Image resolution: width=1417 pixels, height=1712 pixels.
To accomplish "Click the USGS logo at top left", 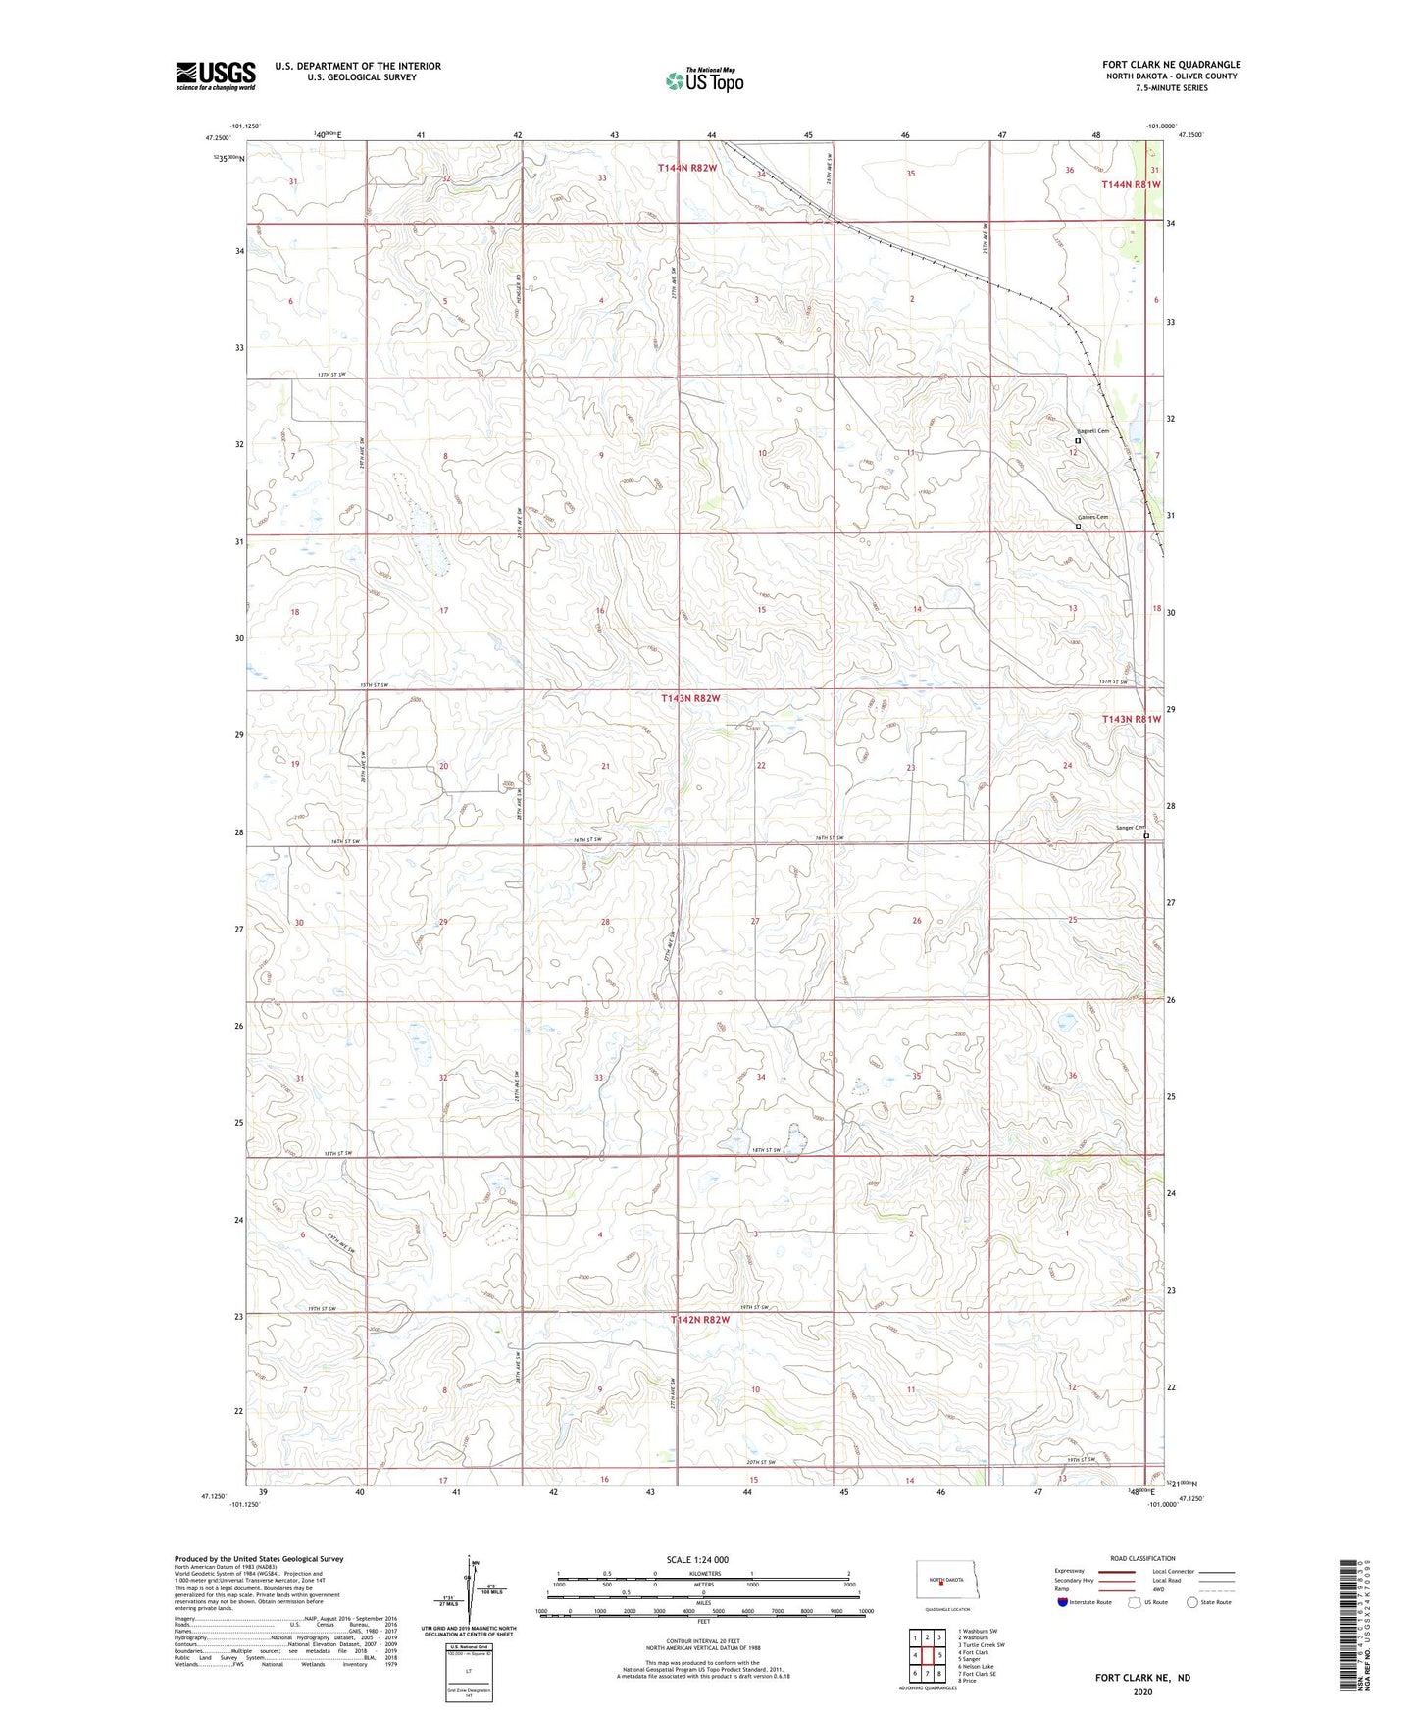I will (216, 76).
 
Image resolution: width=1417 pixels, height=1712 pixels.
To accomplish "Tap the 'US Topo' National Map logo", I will (704, 80).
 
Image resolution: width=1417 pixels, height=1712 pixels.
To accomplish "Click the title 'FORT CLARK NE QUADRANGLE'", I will (1171, 65).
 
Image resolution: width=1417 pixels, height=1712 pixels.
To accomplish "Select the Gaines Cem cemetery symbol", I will (1078, 527).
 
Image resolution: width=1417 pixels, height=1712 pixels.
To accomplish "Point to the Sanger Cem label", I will (1129, 828).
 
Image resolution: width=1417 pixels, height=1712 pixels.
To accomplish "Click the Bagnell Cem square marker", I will (1078, 441).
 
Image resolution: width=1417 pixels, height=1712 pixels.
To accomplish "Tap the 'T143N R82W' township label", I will (690, 699).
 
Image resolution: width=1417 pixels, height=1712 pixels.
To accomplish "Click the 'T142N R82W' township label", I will (700, 1320).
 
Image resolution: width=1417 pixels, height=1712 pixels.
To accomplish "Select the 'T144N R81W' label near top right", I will (1131, 184).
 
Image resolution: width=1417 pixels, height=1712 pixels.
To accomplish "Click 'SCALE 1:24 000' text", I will (697, 1560).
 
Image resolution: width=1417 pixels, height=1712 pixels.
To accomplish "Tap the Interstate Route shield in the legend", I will (1064, 1603).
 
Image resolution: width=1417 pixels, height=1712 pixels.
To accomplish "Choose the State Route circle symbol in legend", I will (1192, 1603).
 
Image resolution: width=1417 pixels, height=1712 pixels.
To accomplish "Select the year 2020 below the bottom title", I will (1141, 1691).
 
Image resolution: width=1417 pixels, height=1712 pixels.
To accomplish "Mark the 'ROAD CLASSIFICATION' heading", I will (1142, 1558).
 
